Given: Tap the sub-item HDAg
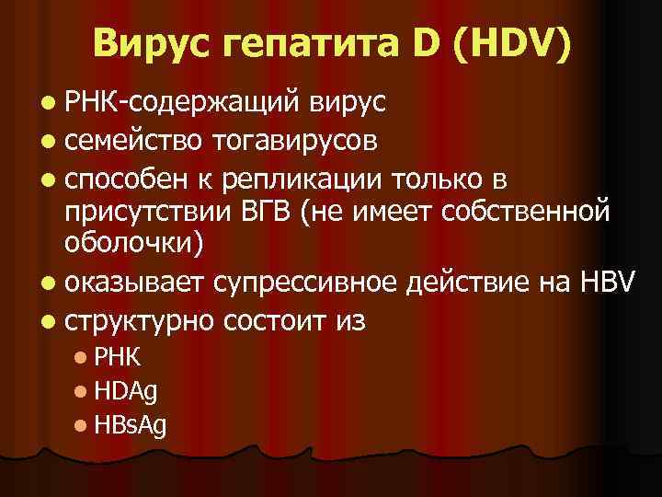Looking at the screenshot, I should [126, 391].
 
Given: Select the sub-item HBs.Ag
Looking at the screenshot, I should [130, 426].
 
